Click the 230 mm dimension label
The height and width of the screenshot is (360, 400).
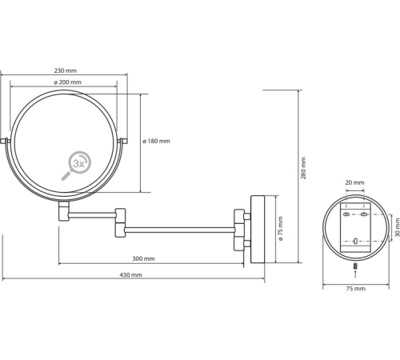[66, 70]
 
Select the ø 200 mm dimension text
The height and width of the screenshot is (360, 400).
[67, 82]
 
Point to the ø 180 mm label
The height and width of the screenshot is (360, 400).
[156, 141]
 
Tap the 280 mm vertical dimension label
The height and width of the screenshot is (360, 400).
[303, 168]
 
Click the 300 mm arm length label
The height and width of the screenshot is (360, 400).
[143, 258]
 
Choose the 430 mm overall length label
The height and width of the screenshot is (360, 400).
[130, 274]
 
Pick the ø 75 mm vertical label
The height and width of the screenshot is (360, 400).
[281, 229]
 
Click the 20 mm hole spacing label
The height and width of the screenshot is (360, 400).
[354, 182]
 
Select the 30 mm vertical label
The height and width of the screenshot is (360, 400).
[398, 227]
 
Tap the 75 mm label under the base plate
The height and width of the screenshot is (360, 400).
[356, 289]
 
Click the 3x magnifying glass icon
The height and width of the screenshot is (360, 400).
[76, 166]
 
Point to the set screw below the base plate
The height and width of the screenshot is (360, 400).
[355, 266]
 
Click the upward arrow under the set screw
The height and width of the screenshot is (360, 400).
[355, 274]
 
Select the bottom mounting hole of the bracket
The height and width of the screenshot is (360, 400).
[355, 241]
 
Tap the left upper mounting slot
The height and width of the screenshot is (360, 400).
[346, 214]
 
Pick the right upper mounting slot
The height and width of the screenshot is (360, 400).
[364, 214]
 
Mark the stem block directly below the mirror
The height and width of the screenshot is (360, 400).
[64, 211]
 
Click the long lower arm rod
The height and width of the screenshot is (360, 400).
[179, 230]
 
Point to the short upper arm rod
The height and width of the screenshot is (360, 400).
[92, 215]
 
